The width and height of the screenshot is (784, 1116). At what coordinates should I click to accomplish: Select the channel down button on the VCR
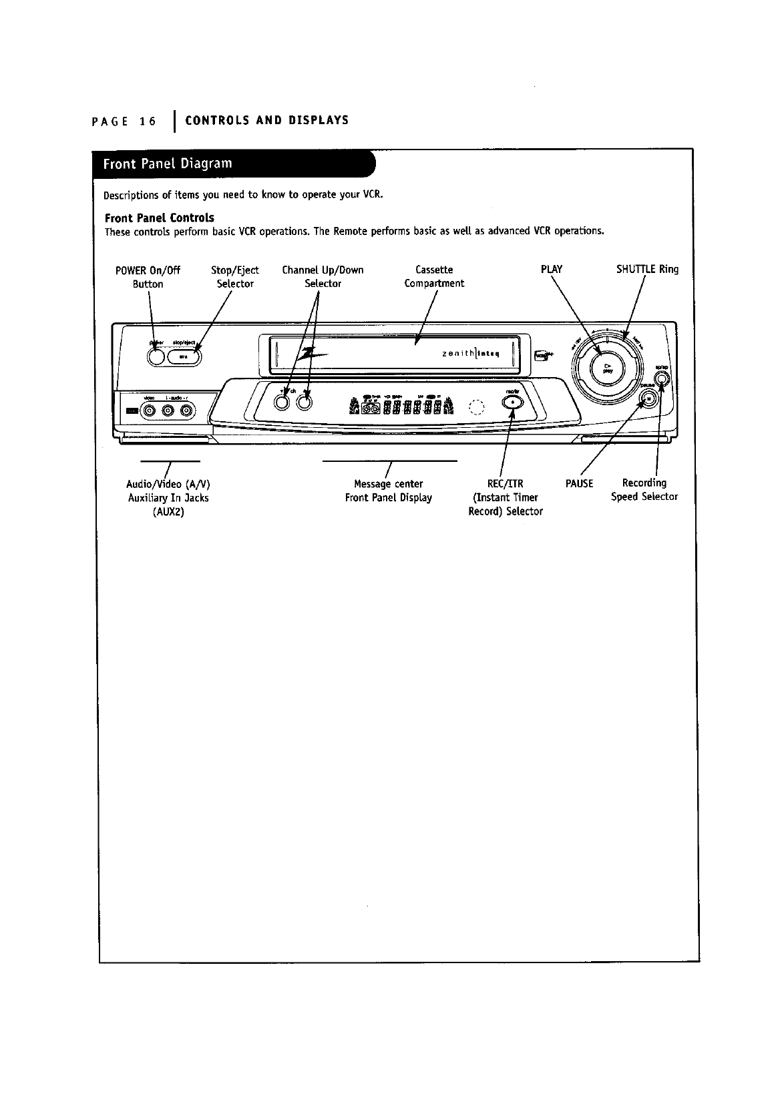click(282, 402)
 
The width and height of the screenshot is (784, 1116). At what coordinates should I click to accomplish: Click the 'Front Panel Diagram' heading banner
click(168, 164)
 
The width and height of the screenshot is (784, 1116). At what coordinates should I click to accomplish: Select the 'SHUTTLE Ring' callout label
click(646, 270)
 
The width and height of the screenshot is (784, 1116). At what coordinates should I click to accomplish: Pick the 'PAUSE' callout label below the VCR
click(579, 483)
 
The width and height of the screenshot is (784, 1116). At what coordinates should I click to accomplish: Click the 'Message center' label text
click(388, 483)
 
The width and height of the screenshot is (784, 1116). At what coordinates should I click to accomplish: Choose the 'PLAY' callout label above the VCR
click(551, 270)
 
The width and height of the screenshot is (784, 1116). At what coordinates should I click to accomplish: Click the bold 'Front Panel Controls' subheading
click(160, 218)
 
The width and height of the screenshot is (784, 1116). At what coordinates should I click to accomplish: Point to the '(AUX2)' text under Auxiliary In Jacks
click(168, 512)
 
